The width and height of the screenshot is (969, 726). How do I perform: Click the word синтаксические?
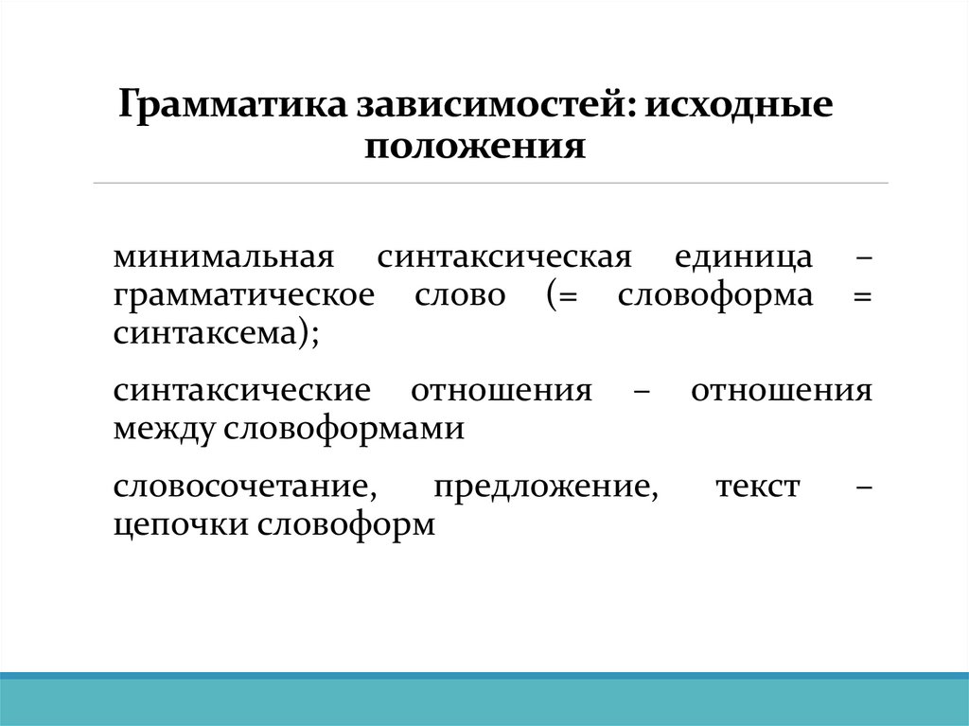241,390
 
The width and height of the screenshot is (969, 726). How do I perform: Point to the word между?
164,428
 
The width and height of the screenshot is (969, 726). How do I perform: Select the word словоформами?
344,428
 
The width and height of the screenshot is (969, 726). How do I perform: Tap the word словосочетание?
240,487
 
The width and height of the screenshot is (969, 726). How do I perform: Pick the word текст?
758,487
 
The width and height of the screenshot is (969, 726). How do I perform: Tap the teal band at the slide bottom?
484,702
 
